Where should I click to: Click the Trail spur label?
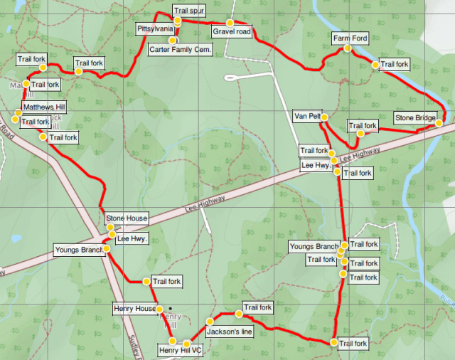tap(189, 11)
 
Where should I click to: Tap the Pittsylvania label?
tap(155, 28)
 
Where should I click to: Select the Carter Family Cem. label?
tap(180, 49)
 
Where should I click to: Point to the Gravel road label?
tap(232, 32)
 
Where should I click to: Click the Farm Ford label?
tap(350, 38)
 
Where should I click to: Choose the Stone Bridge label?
tap(415, 117)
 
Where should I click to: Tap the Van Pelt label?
tap(308, 116)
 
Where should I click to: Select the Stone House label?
tap(127, 218)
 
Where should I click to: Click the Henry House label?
tap(134, 309)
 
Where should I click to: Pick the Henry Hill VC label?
tap(181, 350)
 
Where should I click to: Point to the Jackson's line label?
tap(229, 332)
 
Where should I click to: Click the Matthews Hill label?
tap(43, 107)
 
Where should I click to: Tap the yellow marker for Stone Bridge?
tap(439, 123)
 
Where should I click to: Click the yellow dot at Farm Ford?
tap(347, 48)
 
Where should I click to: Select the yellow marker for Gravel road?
tap(230, 22)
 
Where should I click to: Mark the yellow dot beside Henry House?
tap(160, 309)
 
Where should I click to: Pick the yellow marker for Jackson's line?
tap(209, 321)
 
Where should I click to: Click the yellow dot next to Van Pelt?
tap(323, 117)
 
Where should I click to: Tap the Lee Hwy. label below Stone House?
tap(132, 239)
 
